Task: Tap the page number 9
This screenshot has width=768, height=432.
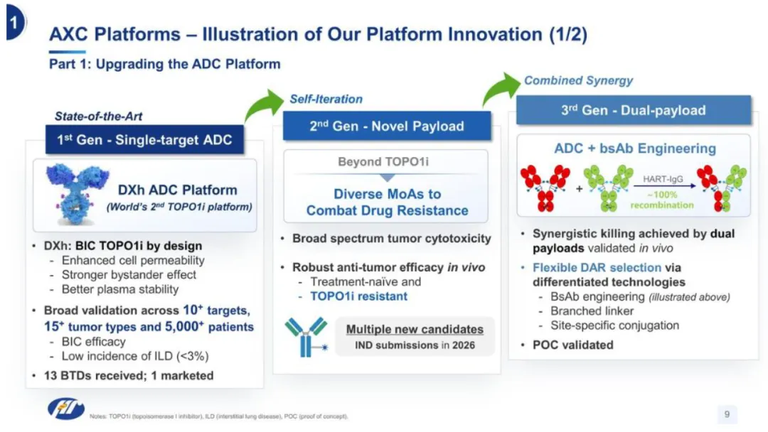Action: tap(727, 414)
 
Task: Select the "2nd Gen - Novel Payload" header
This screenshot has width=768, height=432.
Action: tap(387, 126)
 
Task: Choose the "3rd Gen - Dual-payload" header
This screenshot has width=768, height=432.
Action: tap(633, 110)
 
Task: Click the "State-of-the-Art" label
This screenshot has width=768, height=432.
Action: tap(93, 116)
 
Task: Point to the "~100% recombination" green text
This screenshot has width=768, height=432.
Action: tap(662, 200)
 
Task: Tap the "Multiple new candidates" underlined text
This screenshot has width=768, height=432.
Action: tap(415, 329)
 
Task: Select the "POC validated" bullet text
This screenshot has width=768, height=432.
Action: tap(572, 345)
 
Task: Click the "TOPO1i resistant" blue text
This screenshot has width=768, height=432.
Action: tap(358, 296)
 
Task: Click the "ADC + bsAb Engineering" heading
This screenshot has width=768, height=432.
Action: tap(634, 148)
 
